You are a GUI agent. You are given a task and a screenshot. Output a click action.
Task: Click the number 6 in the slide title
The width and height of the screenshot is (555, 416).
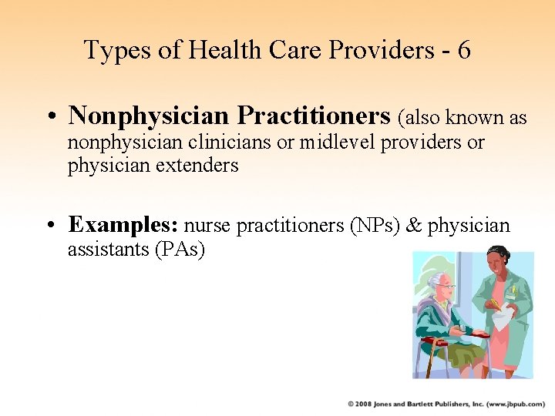[x=463, y=51]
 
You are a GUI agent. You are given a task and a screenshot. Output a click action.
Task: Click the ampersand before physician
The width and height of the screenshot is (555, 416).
[x=415, y=226]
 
